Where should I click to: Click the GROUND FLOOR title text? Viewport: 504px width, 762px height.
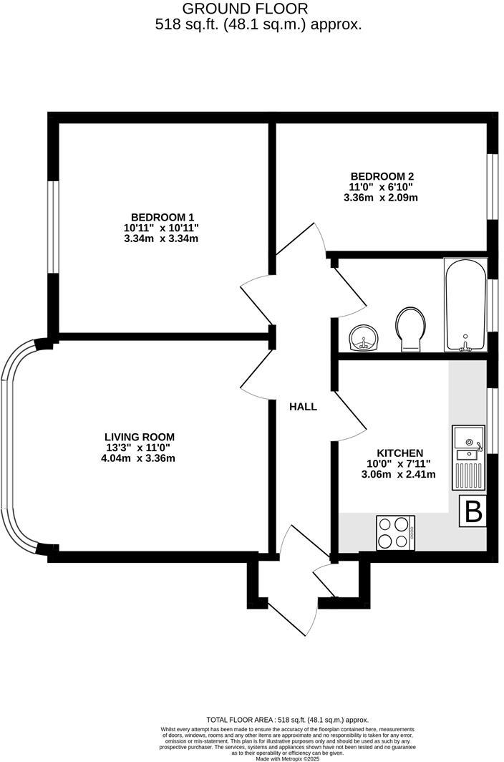pos(246,9)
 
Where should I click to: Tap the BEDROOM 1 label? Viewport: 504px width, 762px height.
pos(162,217)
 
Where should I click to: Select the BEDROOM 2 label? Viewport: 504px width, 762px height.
pos(382,176)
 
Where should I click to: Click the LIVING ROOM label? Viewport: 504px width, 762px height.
pos(140,437)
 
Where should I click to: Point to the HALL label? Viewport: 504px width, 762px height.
pos(303,407)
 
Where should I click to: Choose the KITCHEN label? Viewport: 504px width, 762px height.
pos(399,453)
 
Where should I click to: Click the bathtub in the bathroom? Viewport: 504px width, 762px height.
pos(465,305)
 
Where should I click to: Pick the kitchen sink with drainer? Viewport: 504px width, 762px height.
pos(468,458)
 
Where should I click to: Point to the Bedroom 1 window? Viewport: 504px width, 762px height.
pos(53,226)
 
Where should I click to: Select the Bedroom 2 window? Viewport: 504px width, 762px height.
pos(493,185)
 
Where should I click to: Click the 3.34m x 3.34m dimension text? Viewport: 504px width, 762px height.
pos(161,238)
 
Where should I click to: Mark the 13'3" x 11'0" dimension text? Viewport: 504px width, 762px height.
pos(140,448)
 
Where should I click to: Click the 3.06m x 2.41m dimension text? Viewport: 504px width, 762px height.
pos(399,474)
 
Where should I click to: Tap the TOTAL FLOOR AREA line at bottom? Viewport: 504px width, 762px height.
pos(287,720)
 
